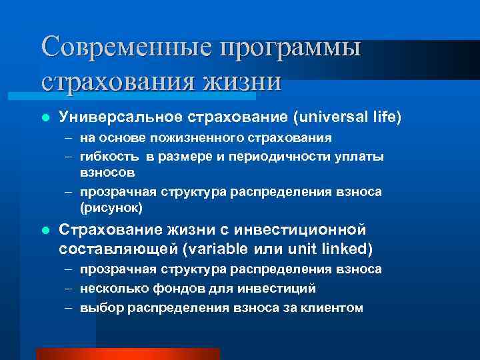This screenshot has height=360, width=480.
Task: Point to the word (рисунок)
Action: point(111,208)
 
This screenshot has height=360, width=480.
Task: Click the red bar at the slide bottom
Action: point(127,354)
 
